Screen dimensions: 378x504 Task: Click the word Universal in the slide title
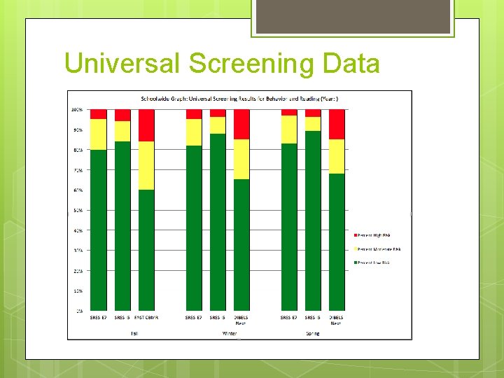pos(122,64)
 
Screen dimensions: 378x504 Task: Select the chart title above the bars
pos(239,99)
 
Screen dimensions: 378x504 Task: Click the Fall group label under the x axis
pos(134,333)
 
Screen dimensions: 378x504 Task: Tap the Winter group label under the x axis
pos(229,333)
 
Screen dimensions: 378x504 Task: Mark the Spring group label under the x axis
pos(312,333)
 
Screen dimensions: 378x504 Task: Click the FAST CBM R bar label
pos(147,318)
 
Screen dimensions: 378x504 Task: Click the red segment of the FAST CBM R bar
pos(146,125)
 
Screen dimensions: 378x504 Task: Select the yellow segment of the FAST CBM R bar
pos(146,165)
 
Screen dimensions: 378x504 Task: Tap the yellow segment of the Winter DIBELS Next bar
pos(241,159)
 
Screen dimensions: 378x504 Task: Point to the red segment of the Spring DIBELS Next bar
pos(337,124)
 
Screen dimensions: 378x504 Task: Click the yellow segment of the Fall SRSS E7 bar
pos(99,134)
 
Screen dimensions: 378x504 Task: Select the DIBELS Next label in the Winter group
pos(241,320)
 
